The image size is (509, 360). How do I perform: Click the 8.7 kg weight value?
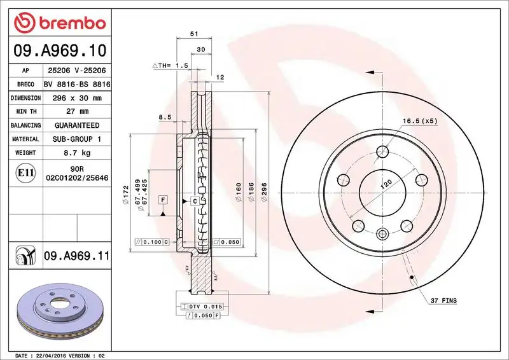(x=77, y=153)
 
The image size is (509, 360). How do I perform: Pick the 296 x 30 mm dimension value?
(x=77, y=98)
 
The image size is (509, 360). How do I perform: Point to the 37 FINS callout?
(x=443, y=300)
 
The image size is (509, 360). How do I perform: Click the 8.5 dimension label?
(x=165, y=117)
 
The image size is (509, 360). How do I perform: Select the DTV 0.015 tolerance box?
(x=200, y=307)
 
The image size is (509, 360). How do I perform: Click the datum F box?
(x=164, y=200)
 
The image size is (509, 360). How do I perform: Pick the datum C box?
(x=193, y=201)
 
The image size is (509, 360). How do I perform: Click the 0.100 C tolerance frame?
(x=152, y=242)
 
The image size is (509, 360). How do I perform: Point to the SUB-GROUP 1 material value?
(x=77, y=139)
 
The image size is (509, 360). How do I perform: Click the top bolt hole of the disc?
(x=382, y=151)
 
